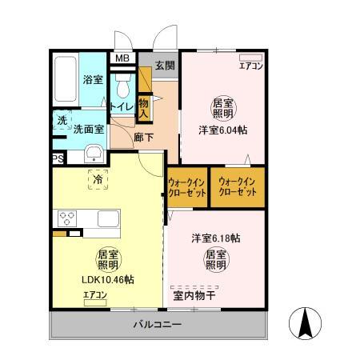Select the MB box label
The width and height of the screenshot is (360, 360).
point(122,58)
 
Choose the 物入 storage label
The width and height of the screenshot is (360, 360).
point(144,109)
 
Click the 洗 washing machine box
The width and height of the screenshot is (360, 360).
point(62,121)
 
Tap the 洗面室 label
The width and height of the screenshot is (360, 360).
point(90,129)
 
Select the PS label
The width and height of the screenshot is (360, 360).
point(58,159)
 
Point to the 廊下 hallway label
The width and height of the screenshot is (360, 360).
point(144,136)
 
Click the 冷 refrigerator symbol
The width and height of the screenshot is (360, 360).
point(96,181)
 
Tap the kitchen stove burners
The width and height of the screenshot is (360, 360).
point(66,218)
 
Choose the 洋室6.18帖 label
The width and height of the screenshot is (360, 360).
point(216,238)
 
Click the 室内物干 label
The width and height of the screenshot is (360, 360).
point(194,294)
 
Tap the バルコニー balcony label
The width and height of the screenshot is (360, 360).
point(158,325)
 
